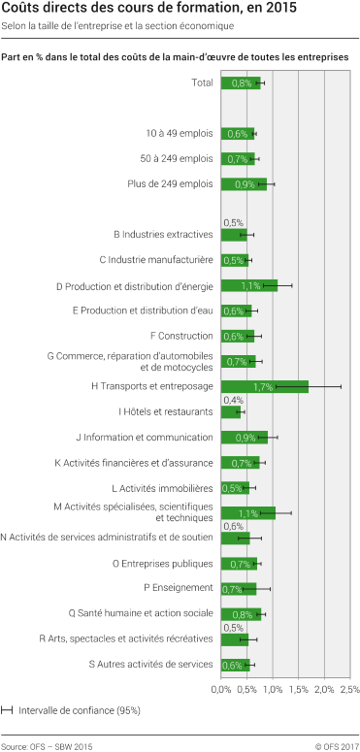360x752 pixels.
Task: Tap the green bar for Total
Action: click(x=241, y=82)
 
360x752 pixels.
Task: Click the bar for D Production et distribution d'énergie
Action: click(x=249, y=285)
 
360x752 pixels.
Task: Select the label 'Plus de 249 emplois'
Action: click(x=170, y=183)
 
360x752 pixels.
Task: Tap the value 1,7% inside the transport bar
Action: click(x=262, y=386)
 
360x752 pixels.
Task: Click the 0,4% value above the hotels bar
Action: click(x=233, y=400)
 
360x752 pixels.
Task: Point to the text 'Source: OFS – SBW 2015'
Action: click(x=48, y=744)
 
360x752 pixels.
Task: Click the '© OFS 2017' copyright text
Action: click(x=336, y=744)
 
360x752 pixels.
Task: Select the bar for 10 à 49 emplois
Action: click(x=237, y=133)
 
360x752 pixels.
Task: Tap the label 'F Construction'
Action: click(x=182, y=336)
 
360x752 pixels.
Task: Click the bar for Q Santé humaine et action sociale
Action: click(x=241, y=613)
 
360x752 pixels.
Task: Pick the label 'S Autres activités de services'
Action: click(x=150, y=664)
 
